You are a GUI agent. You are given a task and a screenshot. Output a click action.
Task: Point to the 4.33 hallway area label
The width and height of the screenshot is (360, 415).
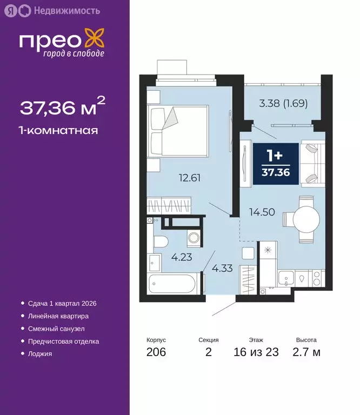[x=222, y=267]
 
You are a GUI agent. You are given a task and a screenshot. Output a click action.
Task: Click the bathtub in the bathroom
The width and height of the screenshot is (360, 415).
[x=174, y=283]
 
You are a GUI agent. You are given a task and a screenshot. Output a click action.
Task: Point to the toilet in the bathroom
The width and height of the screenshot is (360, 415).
[x=160, y=243]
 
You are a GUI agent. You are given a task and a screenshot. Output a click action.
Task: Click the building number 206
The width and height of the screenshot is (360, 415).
[x=156, y=352]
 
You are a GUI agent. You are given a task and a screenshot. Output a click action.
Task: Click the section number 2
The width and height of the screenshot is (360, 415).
[x=208, y=352]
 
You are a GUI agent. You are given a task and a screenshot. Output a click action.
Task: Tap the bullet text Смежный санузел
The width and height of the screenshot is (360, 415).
[x=56, y=329]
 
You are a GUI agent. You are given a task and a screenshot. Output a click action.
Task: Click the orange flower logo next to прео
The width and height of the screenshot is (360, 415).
[x=96, y=41]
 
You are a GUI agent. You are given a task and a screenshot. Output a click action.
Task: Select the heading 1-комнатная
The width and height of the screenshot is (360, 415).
[x=59, y=130]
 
